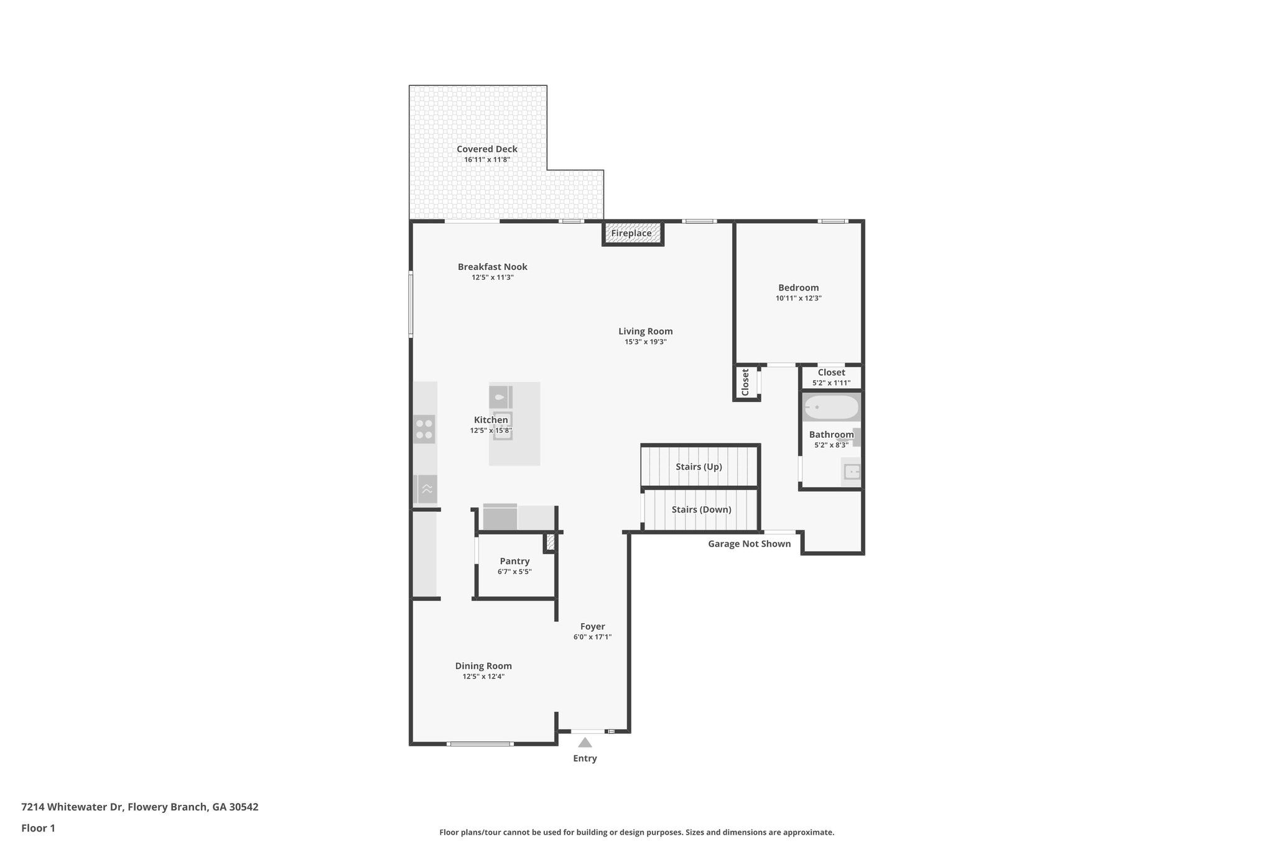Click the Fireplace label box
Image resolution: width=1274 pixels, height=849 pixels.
tap(631, 234)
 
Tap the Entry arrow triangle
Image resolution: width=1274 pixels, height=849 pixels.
tap(585, 742)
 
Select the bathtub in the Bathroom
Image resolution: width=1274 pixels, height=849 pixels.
tap(831, 408)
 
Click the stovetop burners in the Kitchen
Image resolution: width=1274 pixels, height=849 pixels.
tap(424, 429)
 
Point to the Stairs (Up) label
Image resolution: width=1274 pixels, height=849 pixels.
tap(699, 466)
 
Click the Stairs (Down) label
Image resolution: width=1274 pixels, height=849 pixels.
tap(701, 509)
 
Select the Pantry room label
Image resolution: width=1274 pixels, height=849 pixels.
tap(514, 561)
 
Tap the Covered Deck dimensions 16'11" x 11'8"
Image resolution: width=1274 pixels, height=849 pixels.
tap(486, 160)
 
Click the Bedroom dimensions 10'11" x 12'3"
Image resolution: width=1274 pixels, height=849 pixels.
tap(798, 299)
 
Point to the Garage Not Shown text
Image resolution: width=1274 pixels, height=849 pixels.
tap(749, 544)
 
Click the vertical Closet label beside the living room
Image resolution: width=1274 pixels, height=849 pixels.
tap(745, 382)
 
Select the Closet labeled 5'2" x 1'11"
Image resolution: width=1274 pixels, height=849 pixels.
tap(831, 373)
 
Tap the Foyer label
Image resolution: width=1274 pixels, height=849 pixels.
tap(592, 627)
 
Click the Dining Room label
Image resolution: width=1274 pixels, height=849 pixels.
tap(483, 666)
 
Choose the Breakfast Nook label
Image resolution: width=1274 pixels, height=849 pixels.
tap(492, 267)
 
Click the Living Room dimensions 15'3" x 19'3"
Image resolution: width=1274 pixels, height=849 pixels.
tap(645, 342)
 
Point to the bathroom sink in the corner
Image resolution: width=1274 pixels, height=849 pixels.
tap(850, 471)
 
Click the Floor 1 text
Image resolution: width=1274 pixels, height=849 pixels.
tap(38, 828)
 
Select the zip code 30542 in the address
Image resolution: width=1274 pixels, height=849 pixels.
tap(243, 807)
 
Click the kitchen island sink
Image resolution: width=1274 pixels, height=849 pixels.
tap(503, 425)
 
